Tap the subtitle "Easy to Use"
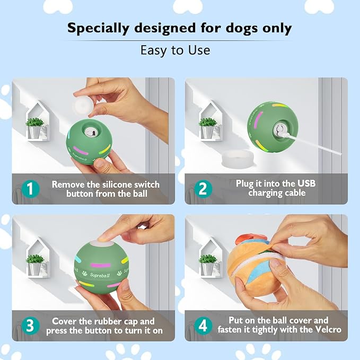175,50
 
